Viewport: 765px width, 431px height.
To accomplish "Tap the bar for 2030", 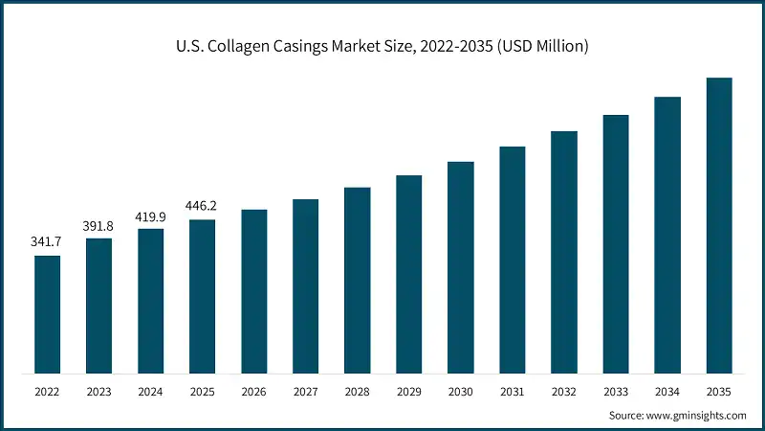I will point(461,267).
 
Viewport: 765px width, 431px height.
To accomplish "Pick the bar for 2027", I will point(306,286).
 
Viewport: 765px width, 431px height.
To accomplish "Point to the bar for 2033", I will point(616,244).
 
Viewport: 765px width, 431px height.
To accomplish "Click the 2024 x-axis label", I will point(150,391).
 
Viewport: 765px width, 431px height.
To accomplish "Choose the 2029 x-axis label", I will point(409,391).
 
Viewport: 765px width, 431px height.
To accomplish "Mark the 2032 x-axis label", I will point(564,391).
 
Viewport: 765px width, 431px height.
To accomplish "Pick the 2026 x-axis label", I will point(254,391).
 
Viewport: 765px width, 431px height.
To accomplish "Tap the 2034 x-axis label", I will point(667,391).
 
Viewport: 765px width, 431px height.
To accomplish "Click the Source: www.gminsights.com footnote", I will point(677,415).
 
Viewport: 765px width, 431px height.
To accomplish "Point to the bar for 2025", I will point(202,296).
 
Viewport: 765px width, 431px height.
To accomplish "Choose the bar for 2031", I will point(513,260).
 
